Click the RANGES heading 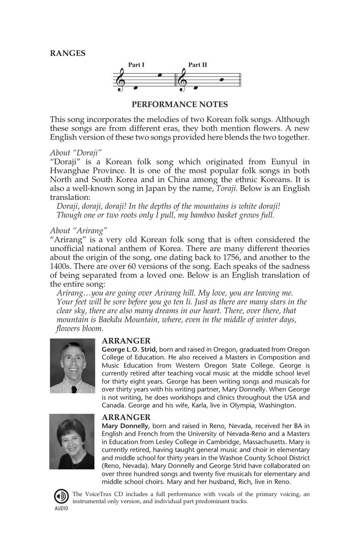(x=67, y=53)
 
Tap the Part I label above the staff (x=136, y=65)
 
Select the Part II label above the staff (x=197, y=65)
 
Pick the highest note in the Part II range (x=222, y=79)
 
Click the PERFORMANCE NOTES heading (x=180, y=104)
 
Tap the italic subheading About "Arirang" (x=79, y=230)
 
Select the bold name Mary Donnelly (x=126, y=426)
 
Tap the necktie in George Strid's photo (x=73, y=389)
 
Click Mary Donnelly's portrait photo (x=72, y=441)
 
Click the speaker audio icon (x=61, y=497)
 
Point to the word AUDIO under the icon (x=61, y=508)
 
